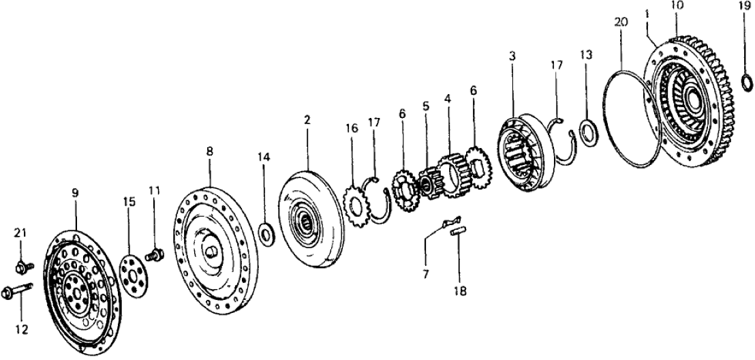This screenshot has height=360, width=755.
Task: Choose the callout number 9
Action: click(x=76, y=193)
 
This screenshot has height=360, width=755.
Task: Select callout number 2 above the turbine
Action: click(x=307, y=120)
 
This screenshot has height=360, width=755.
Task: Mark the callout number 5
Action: click(x=426, y=106)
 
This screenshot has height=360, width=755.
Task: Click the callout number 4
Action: click(x=447, y=98)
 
